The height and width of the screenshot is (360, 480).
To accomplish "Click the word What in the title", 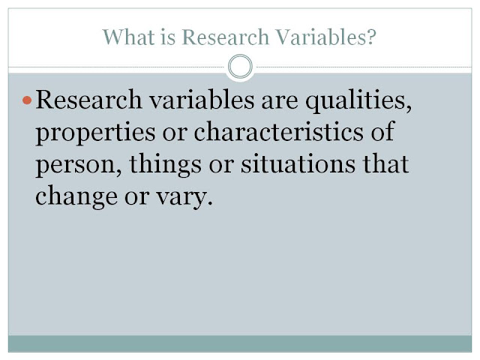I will pos(124,36).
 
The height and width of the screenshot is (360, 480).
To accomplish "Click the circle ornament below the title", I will pos(240,67).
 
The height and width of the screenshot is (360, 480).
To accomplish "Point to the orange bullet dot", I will pos(28,100).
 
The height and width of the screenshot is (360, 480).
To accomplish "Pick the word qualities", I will pos(359,100).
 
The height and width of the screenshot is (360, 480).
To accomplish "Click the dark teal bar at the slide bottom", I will pos(240,343).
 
